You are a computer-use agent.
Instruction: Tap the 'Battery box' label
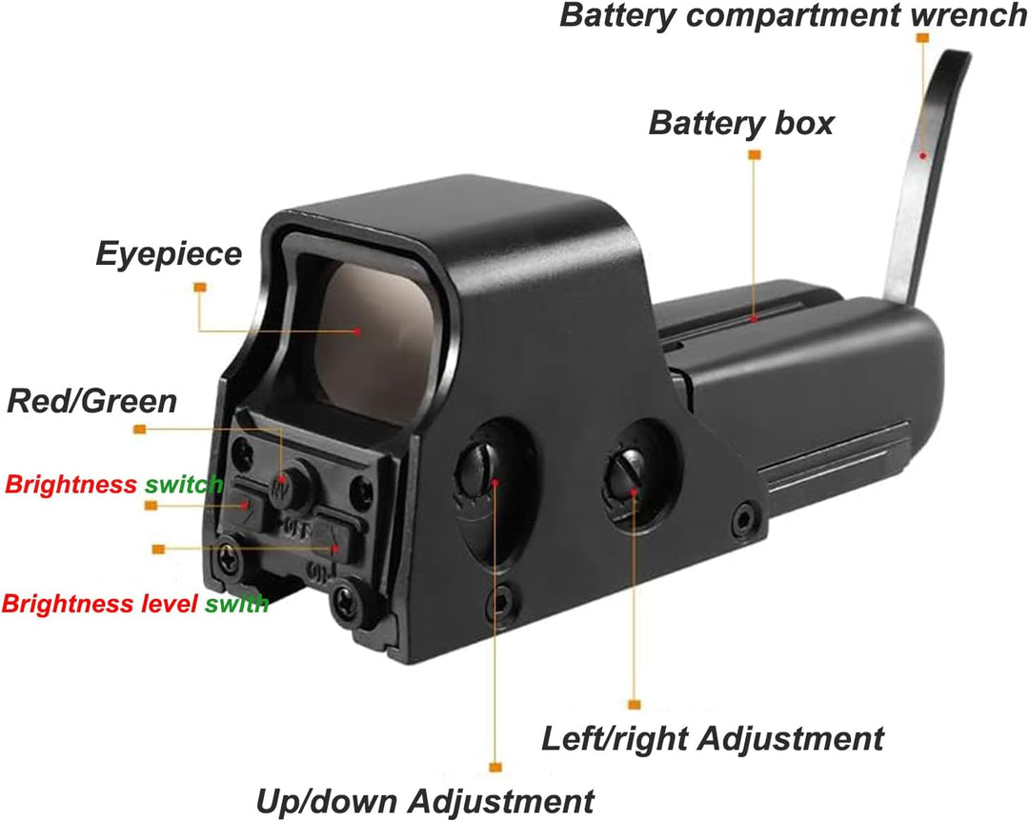[741, 123]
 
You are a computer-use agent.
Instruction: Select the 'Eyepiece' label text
[169, 254]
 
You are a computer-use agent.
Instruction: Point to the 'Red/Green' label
[91, 402]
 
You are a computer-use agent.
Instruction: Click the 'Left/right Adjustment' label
[712, 739]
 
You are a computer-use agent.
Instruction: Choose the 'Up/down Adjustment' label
[425, 802]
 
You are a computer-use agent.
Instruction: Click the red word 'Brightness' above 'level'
[68, 604]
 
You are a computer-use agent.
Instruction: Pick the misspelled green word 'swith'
[236, 604]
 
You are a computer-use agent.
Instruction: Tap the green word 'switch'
[184, 485]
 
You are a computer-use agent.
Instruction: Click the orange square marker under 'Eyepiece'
[200, 288]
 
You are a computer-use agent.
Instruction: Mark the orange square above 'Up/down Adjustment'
[495, 767]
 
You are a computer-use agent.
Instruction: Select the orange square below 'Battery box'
[755, 155]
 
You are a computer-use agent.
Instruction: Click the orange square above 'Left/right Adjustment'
[634, 705]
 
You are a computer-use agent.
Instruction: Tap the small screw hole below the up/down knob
[503, 600]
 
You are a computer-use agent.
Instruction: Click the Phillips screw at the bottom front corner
[346, 600]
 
